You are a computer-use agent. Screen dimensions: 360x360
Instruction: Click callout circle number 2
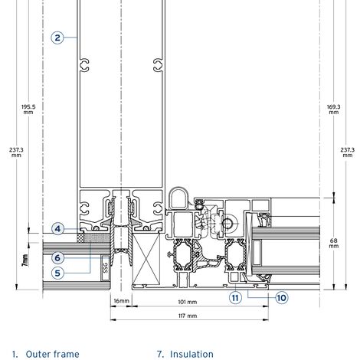point(57,38)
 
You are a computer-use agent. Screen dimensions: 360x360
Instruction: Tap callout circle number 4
point(57,229)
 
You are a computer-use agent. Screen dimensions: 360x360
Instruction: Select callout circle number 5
point(57,273)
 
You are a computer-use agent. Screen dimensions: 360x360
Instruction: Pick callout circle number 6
point(57,258)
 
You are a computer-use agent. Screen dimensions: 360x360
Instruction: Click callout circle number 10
point(282,298)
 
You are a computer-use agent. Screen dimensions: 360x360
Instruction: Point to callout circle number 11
point(235,298)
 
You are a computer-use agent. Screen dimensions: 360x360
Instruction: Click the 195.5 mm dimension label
point(28,110)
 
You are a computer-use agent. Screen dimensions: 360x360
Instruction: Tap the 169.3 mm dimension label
point(333,110)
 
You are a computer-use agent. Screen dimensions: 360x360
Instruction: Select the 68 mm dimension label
point(333,243)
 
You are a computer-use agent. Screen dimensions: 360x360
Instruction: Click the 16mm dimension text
point(121,301)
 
